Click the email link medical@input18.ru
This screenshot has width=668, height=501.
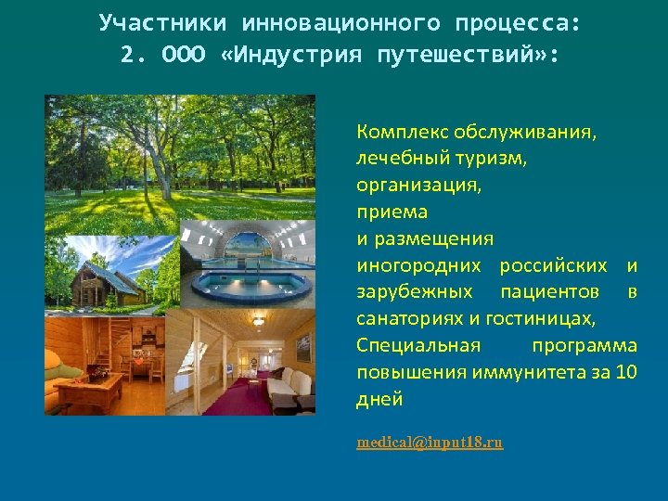[x=430, y=443]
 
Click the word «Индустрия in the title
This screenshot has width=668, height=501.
[x=294, y=55]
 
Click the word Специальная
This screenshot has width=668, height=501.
[x=418, y=346]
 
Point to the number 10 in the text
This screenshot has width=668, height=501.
[x=626, y=373]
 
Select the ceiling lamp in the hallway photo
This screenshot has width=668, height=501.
[x=257, y=322]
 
